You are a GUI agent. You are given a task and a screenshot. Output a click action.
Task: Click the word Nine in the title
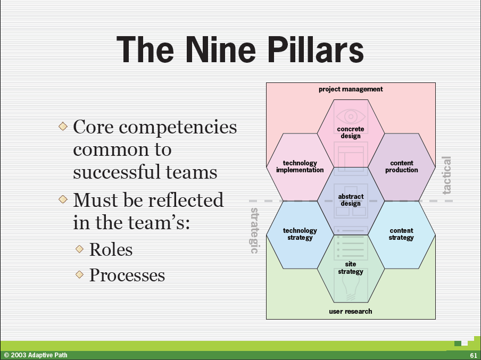point(221,49)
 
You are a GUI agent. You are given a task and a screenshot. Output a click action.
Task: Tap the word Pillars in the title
point(316,49)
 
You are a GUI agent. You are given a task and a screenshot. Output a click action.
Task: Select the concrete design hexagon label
point(351,132)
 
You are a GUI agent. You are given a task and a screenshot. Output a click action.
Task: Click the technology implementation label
point(300,166)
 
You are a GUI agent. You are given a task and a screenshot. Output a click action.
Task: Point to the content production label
point(402,166)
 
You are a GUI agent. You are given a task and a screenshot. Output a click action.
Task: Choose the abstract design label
point(351,200)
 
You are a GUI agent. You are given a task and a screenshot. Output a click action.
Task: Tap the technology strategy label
point(300,234)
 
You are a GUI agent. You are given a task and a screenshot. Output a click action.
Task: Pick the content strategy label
point(401,234)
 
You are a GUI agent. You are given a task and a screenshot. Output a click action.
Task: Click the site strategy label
point(351,268)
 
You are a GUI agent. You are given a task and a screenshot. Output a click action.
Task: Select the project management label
point(351,89)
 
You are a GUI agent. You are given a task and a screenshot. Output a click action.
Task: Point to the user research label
point(350,312)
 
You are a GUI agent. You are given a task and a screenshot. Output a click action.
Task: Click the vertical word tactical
point(446,175)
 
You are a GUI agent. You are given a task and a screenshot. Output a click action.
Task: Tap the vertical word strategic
point(255,231)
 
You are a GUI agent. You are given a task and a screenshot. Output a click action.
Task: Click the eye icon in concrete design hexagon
point(351,116)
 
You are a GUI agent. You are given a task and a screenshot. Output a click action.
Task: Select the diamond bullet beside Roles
point(79,249)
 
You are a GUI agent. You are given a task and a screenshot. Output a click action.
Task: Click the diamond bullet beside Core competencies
point(63,126)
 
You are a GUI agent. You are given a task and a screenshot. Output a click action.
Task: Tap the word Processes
point(127,275)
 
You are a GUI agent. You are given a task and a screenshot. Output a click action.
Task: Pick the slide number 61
point(474,355)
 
